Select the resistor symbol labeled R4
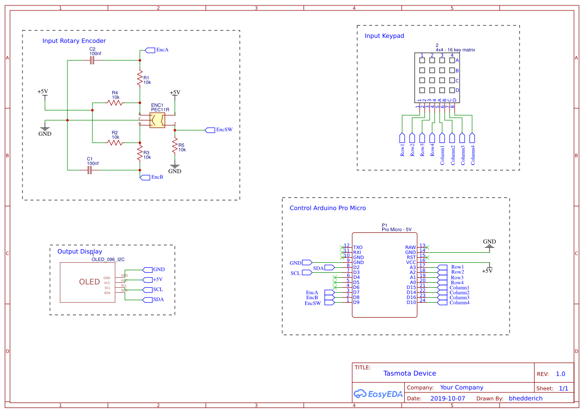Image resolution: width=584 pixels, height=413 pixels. coord(115,102)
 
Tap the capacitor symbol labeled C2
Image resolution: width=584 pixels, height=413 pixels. coord(92,60)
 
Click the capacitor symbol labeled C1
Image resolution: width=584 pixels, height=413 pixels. coord(90,170)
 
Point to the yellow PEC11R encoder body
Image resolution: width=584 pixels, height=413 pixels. coord(157,120)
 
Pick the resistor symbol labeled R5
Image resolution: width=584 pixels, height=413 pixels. coord(175,146)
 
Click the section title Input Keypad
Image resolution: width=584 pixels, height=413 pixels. coord(384,36)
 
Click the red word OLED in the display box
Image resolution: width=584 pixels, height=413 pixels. coord(89,282)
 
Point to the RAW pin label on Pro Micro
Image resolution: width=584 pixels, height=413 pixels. coord(410,247)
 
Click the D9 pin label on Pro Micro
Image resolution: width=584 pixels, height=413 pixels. coord(356,302)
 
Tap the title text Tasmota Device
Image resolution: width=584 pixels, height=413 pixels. coord(410,374)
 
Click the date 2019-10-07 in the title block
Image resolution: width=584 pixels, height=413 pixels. coord(447,399)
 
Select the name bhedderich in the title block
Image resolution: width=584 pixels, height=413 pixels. coord(526,399)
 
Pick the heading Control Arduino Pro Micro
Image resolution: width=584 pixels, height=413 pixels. coord(328,208)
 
